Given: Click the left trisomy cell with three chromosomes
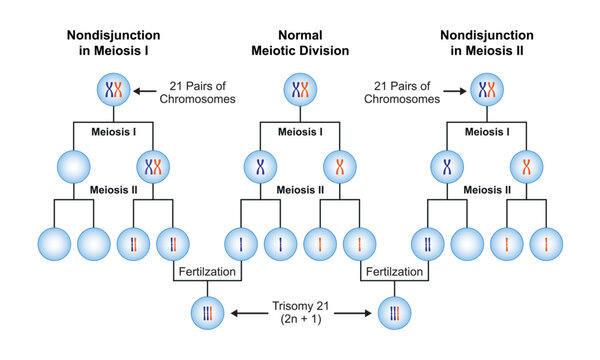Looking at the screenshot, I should tap(208, 314).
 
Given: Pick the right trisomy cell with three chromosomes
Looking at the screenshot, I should tap(391, 314).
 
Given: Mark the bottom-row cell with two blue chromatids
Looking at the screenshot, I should tap(431, 243).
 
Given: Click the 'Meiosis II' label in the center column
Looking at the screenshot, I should tap(299, 189).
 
